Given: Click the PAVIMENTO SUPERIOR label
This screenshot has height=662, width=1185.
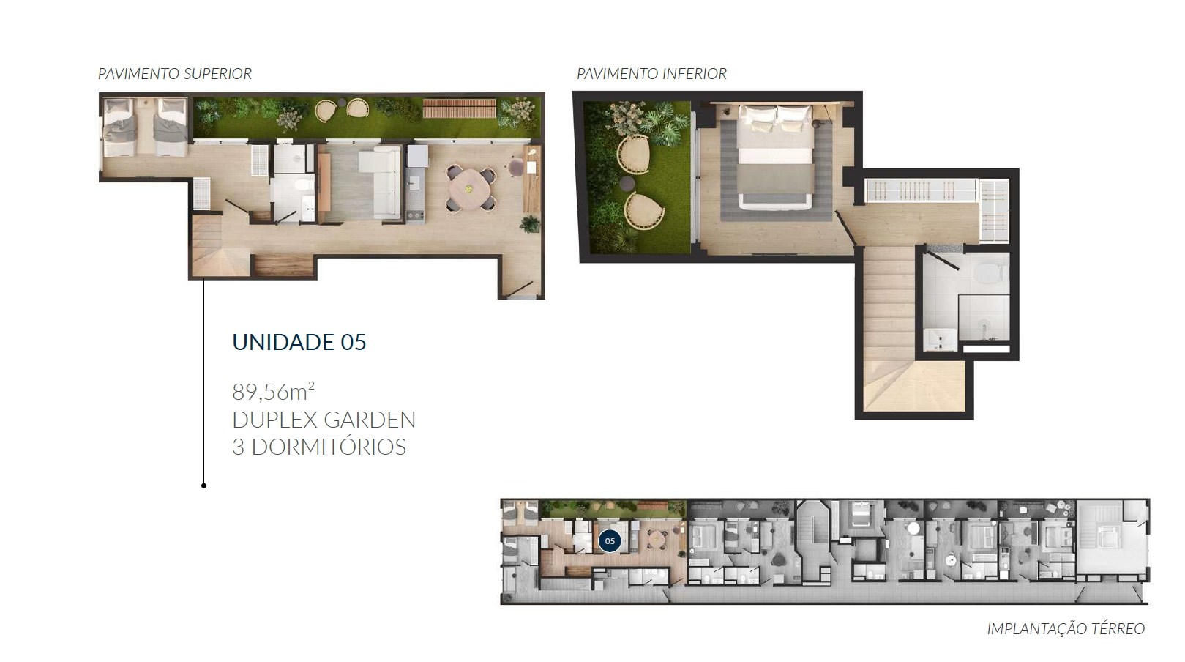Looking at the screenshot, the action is [175, 73].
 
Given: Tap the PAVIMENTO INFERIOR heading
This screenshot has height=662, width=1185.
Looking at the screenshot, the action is [651, 73].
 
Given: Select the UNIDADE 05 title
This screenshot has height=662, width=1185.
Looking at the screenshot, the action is [299, 342].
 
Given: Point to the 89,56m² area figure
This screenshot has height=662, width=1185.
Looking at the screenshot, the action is [274, 392].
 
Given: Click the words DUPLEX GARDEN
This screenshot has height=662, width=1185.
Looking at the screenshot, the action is [324, 420].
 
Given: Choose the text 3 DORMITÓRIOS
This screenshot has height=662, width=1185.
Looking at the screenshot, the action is [319, 447].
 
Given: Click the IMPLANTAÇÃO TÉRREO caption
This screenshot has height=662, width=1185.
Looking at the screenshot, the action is [1066, 628].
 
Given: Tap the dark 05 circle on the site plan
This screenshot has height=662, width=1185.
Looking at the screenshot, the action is [610, 541].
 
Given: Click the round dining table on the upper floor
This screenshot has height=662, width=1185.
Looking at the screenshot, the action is [469, 188].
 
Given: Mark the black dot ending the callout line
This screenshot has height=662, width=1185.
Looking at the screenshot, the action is [203, 486].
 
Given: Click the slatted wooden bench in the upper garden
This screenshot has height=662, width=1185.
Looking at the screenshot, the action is [459, 108].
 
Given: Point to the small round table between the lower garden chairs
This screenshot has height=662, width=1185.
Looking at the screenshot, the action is [627, 183].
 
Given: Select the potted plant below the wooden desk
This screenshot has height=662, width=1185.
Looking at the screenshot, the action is [530, 224].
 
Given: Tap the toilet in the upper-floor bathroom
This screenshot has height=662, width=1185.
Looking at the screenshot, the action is [303, 186].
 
